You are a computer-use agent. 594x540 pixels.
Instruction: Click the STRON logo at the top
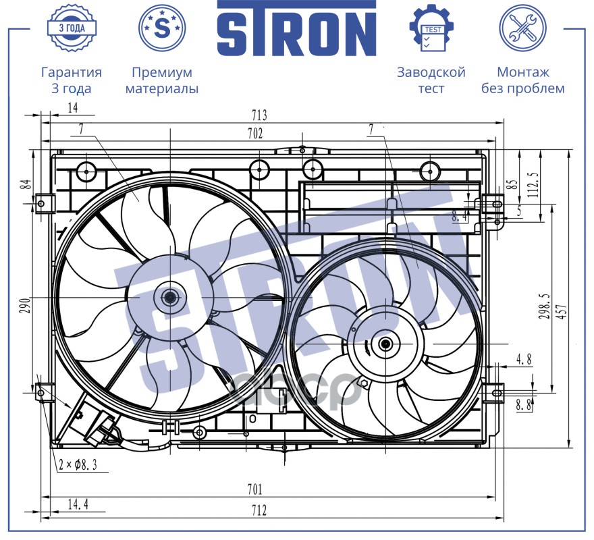(x=296, y=28)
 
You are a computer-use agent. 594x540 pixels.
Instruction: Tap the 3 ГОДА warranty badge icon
(x=72, y=28)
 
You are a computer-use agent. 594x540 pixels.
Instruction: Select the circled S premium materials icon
(x=162, y=28)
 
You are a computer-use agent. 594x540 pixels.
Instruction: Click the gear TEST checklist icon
(x=431, y=28)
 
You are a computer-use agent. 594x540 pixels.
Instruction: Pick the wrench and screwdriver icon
(x=522, y=28)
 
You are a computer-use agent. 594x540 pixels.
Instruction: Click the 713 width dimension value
(x=259, y=115)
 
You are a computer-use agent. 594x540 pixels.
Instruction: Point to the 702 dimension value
(x=255, y=134)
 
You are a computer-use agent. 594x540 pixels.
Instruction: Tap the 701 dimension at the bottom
(x=254, y=489)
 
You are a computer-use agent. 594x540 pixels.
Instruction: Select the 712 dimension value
(x=259, y=510)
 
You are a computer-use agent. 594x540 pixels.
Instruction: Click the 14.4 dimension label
(x=78, y=504)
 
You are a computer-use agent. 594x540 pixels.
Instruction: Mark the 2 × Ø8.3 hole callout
(x=78, y=464)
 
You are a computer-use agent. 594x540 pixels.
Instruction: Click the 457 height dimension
(x=562, y=311)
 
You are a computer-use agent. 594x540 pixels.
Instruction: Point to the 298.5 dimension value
(x=544, y=306)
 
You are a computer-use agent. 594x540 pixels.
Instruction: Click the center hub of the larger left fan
(x=170, y=297)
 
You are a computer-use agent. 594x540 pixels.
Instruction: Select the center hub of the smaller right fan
(x=385, y=344)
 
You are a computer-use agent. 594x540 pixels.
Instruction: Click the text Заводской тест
(x=431, y=80)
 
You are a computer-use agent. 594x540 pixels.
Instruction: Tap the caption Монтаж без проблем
(x=522, y=80)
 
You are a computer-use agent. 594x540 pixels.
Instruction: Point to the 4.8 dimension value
(x=524, y=359)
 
